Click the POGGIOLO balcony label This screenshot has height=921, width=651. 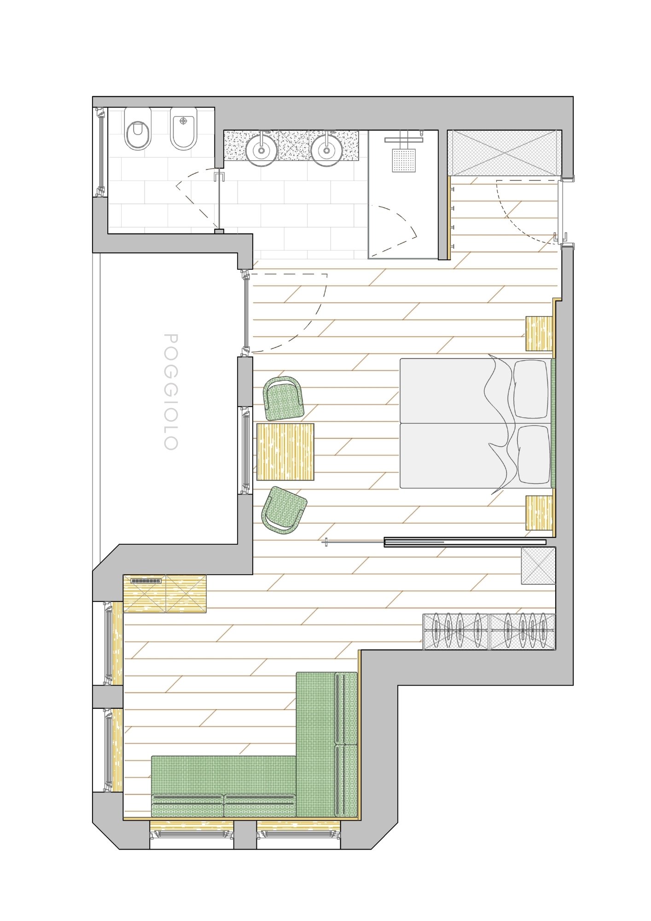click(x=171, y=391)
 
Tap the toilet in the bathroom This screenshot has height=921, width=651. click(x=138, y=129)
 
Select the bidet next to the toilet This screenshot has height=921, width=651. click(x=184, y=129)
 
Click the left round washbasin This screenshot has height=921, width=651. click(x=261, y=149)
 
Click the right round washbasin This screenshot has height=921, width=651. click(x=326, y=149)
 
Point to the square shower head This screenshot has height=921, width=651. click(x=404, y=160)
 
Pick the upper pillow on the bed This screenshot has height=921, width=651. click(x=531, y=389)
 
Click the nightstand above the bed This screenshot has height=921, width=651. click(x=539, y=334)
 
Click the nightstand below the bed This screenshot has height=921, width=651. click(x=539, y=513)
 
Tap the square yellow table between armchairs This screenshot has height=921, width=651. click(x=285, y=452)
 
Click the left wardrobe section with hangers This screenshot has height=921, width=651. click(x=456, y=631)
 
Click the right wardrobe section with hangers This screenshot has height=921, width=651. click(x=523, y=631)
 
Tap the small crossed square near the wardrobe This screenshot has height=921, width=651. click(x=539, y=566)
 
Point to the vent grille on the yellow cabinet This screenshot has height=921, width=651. click(x=146, y=581)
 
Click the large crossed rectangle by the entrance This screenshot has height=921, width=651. click(x=505, y=153)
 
